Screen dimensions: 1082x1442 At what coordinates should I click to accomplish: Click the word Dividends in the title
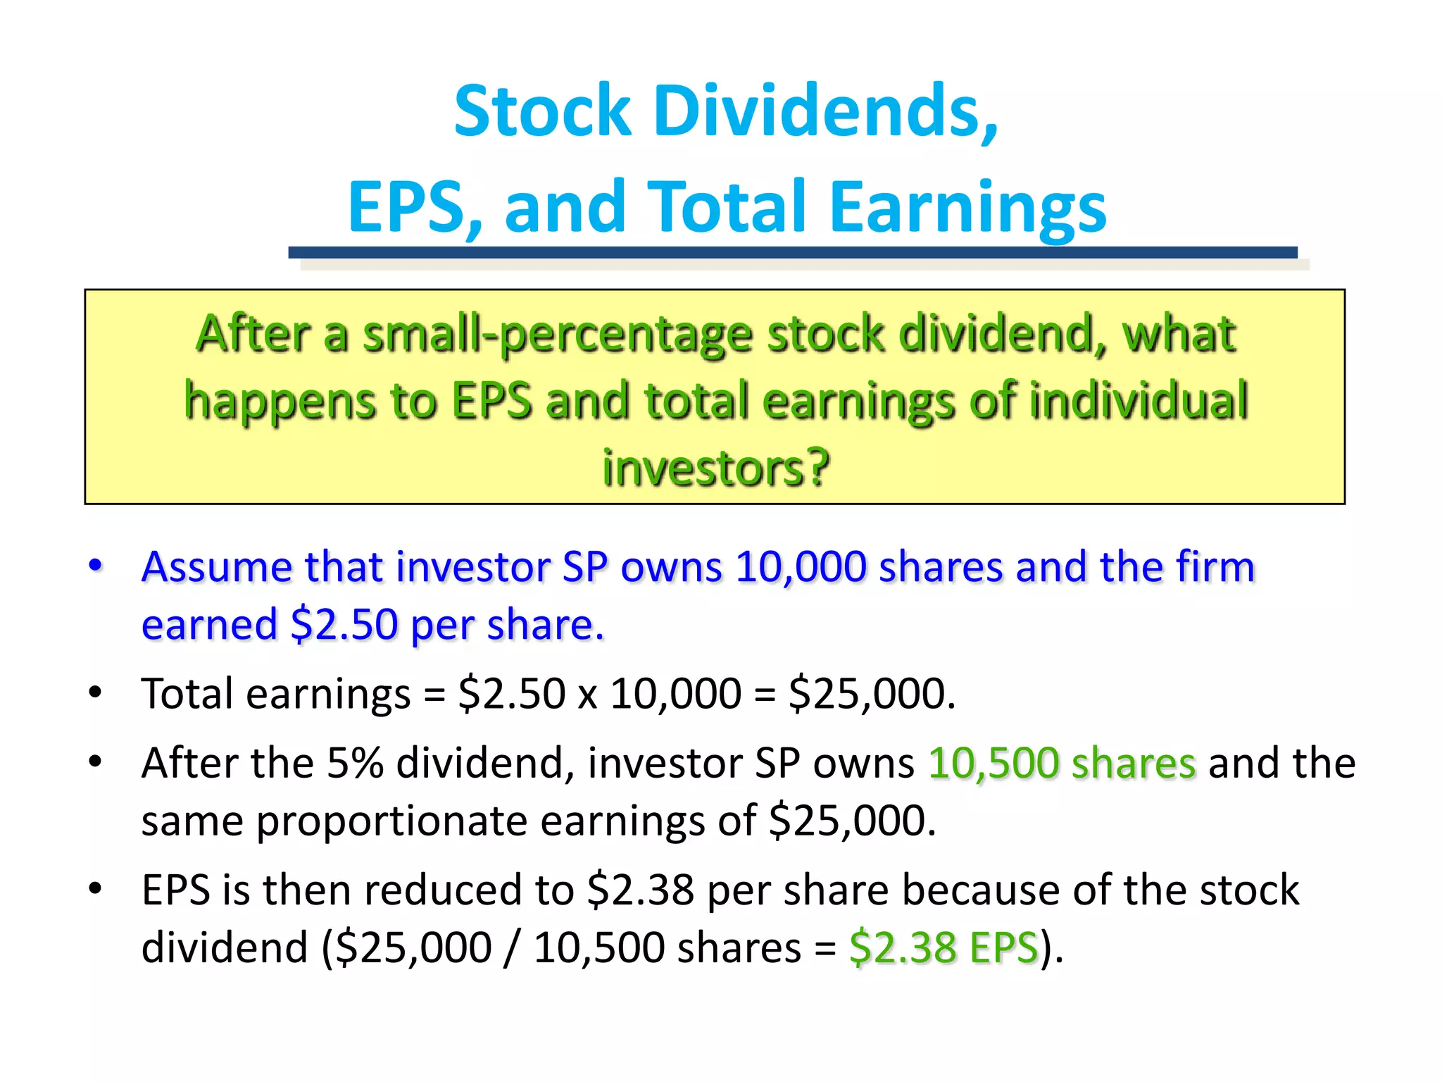(825, 111)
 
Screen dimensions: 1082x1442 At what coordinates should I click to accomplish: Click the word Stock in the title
(542, 111)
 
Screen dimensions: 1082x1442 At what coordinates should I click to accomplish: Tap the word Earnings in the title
(967, 208)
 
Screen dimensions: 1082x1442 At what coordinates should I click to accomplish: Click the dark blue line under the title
(792, 252)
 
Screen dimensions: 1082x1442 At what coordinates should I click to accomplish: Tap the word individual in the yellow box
(1139, 400)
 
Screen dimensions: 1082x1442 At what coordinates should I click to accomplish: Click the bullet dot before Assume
(96, 565)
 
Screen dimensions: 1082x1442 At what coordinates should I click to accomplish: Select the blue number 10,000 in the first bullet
(801, 567)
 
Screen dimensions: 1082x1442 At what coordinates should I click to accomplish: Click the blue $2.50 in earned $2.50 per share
(344, 624)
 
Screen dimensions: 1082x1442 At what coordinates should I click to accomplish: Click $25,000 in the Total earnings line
(872, 694)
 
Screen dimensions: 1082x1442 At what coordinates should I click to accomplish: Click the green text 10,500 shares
(1062, 764)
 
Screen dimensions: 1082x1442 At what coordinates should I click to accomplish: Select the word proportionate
(391, 821)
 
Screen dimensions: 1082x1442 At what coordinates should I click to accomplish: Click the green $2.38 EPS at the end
(943, 947)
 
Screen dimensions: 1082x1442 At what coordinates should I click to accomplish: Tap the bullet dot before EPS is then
(96, 889)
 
